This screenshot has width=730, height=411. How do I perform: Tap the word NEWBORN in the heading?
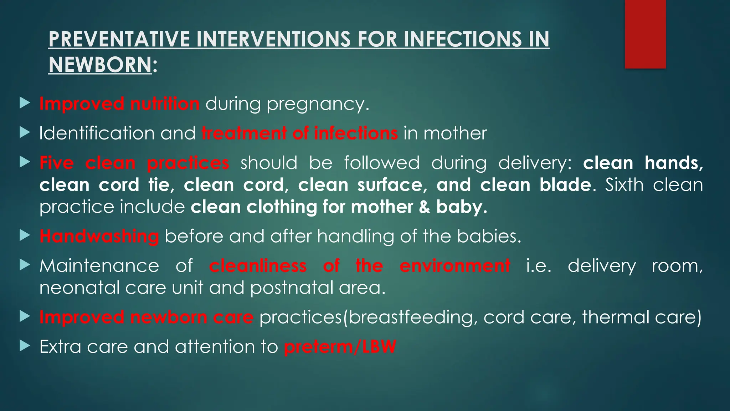point(100,65)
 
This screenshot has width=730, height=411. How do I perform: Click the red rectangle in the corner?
point(645,34)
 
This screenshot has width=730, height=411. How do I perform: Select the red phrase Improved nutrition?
point(119,104)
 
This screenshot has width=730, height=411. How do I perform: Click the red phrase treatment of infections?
point(299,133)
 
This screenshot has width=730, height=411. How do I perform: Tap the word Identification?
point(97,133)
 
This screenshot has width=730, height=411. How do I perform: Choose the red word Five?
point(57,163)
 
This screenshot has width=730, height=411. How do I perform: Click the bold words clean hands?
point(643,163)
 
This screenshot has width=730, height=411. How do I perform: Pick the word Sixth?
point(624,185)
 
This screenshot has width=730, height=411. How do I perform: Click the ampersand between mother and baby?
point(424,207)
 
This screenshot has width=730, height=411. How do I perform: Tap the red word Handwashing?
point(99,237)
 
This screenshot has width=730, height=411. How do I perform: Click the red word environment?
point(455,266)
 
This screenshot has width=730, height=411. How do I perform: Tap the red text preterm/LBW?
point(340,347)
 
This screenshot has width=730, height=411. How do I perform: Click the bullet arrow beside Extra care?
point(25,346)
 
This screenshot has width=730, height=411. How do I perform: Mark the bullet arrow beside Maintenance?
point(25,265)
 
